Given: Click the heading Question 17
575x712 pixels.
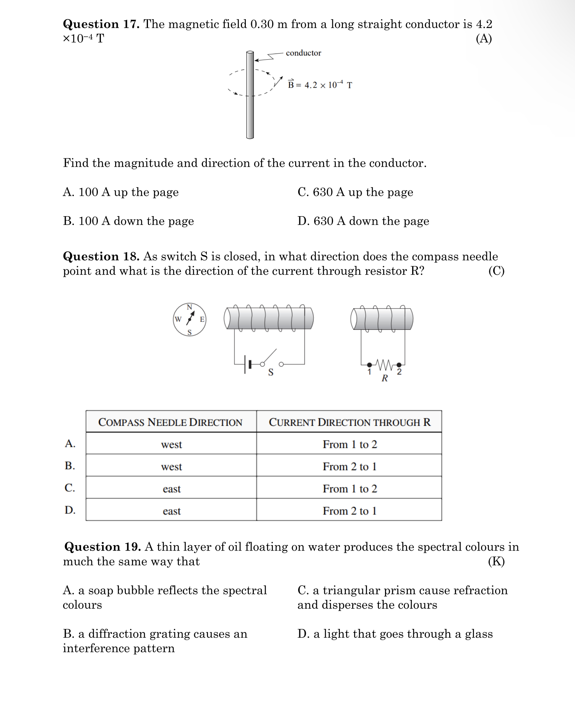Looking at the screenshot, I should pos(101,24).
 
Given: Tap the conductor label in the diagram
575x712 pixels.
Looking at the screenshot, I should pos(303,53).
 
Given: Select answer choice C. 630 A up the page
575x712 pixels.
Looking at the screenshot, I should pos(355,192).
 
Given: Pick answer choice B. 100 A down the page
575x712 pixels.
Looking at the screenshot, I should pos(128,221).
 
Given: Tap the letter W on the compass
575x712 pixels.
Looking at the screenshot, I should pos(178,319).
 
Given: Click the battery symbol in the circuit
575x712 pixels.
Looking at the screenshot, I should pos(247,365).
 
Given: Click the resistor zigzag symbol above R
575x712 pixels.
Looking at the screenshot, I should pos(384,365).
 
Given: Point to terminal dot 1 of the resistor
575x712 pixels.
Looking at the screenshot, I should pos(369,365).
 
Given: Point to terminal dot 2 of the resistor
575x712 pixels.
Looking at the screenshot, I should pos(399,365).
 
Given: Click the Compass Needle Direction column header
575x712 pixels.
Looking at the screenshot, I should pos(171,422).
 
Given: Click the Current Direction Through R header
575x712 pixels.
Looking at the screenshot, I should pos(349,422).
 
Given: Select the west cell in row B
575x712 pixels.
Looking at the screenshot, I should pos(171,467).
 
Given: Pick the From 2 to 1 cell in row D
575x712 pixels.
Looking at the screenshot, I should pos(349,511).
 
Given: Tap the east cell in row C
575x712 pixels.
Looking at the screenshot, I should pos(171,489).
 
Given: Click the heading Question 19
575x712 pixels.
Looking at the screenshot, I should pos(102,547).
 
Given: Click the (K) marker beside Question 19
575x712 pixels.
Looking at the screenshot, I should pos(496,561).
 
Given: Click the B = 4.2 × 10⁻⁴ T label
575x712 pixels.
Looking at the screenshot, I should pos(320,85).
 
